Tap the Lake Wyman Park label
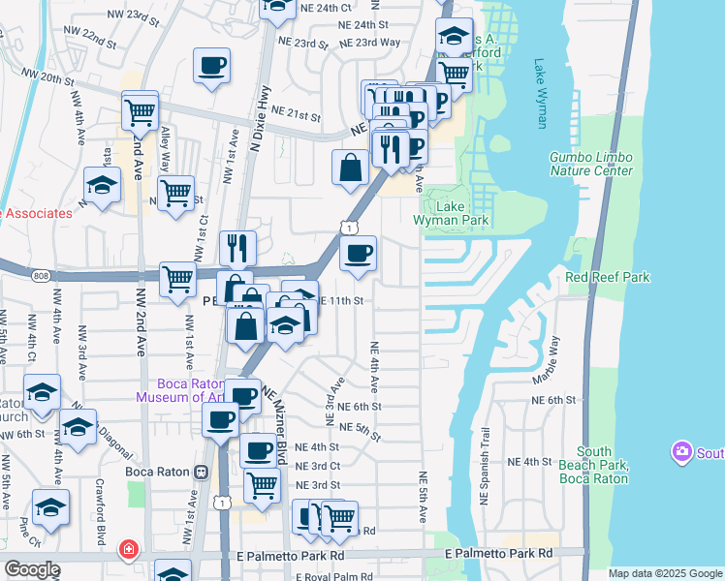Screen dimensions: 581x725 451,213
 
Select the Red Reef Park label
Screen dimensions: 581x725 607,277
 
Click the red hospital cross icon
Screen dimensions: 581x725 127,551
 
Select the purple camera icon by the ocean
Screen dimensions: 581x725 682,452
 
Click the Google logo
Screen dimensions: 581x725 32,569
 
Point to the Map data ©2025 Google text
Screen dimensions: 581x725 665,573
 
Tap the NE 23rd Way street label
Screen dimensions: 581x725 373,43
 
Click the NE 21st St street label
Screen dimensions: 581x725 296,114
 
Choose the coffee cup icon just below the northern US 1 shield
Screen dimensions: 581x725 357,254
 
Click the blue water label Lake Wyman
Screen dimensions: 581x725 540,94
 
